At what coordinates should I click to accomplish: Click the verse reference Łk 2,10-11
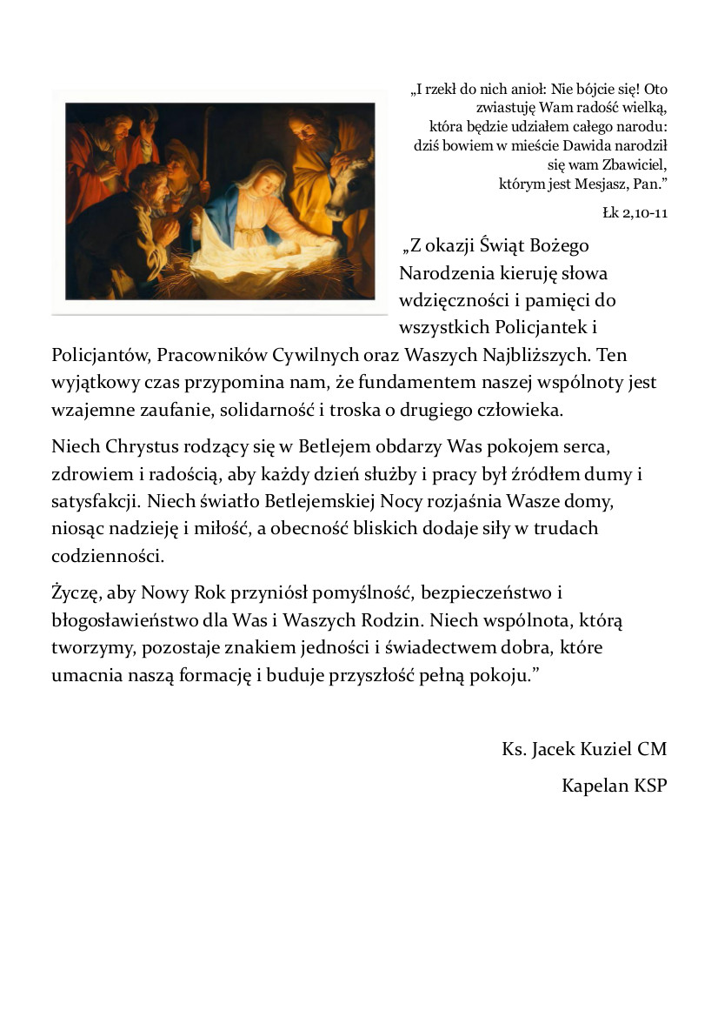coord(635,212)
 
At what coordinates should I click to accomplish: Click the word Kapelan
coord(594,786)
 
